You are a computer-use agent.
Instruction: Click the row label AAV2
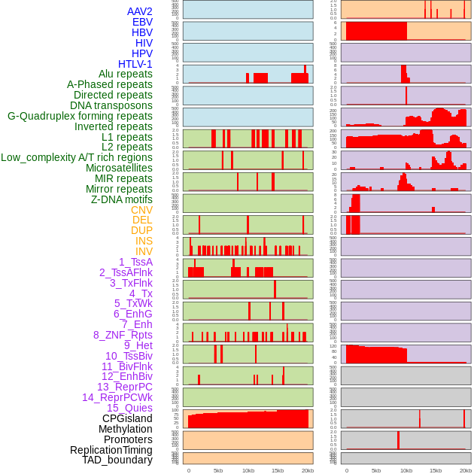click(x=139, y=11)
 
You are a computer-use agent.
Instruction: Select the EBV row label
click(x=141, y=22)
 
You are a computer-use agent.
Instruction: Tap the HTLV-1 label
click(x=135, y=64)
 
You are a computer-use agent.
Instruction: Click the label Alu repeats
click(x=125, y=74)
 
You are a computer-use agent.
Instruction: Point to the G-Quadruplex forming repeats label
click(x=80, y=116)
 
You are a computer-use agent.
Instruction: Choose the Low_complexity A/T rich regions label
click(x=76, y=157)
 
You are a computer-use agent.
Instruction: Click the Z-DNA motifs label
click(x=121, y=199)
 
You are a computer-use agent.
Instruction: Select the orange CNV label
click(x=141, y=210)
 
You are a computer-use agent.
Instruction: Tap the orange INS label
click(x=144, y=241)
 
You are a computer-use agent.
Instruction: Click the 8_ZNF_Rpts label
click(x=123, y=335)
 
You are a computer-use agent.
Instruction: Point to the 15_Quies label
click(x=129, y=408)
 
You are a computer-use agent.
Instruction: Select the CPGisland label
click(x=127, y=418)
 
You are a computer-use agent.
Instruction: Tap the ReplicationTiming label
click(x=111, y=450)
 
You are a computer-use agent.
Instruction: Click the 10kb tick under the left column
click(x=248, y=470)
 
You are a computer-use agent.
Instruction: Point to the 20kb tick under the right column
click(x=466, y=470)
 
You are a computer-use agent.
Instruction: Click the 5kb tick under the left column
click(x=218, y=470)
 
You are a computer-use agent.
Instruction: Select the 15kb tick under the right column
click(x=435, y=470)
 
